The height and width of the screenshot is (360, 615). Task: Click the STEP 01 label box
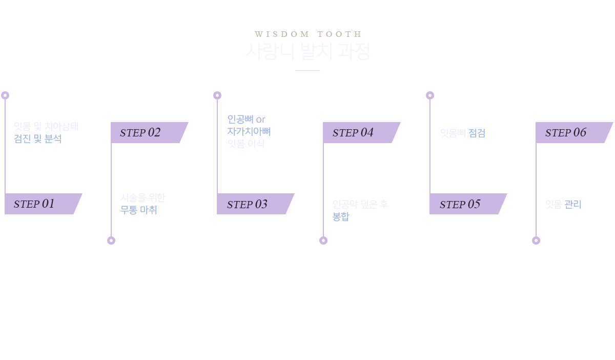(x=43, y=204)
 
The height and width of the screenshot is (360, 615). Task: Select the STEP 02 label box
(x=149, y=132)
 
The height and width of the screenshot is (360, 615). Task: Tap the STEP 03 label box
(x=255, y=204)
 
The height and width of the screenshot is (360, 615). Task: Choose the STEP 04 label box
(x=361, y=132)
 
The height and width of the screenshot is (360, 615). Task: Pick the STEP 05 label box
(x=468, y=204)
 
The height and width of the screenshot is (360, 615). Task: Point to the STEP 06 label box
(x=574, y=132)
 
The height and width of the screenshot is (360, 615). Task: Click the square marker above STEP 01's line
(x=5, y=95)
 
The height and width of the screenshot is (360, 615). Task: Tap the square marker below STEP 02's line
(x=111, y=240)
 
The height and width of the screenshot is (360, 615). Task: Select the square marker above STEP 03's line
(x=217, y=95)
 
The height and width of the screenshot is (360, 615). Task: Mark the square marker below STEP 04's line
(x=323, y=240)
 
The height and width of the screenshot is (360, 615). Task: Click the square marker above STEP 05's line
(x=429, y=95)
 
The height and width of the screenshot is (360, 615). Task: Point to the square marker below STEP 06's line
(x=536, y=240)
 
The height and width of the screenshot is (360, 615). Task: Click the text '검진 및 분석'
(x=38, y=138)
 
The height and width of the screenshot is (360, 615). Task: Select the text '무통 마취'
(x=140, y=210)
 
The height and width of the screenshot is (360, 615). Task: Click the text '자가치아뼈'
(x=249, y=131)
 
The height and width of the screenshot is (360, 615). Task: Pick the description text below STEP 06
(x=563, y=204)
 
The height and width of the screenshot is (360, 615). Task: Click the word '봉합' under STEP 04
(x=341, y=216)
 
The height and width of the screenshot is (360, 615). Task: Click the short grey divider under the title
(x=307, y=70)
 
